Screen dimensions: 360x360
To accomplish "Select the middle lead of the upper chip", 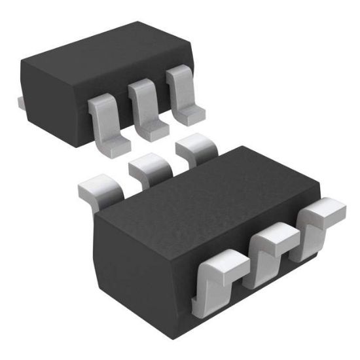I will (x=143, y=105).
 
